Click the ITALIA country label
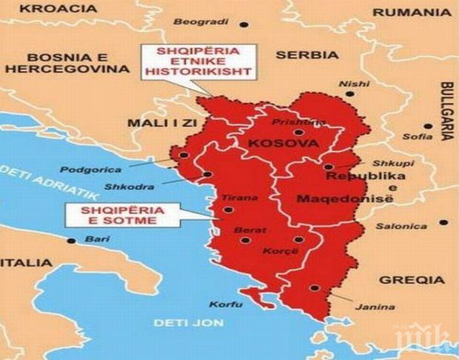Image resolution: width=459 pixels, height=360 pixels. click(x=27, y=263)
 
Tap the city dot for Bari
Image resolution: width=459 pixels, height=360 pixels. click(x=71, y=240)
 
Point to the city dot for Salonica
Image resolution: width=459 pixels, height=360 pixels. click(x=443, y=221)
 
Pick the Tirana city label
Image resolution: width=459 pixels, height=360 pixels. click(x=238, y=199)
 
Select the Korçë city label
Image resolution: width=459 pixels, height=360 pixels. click(x=278, y=253)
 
